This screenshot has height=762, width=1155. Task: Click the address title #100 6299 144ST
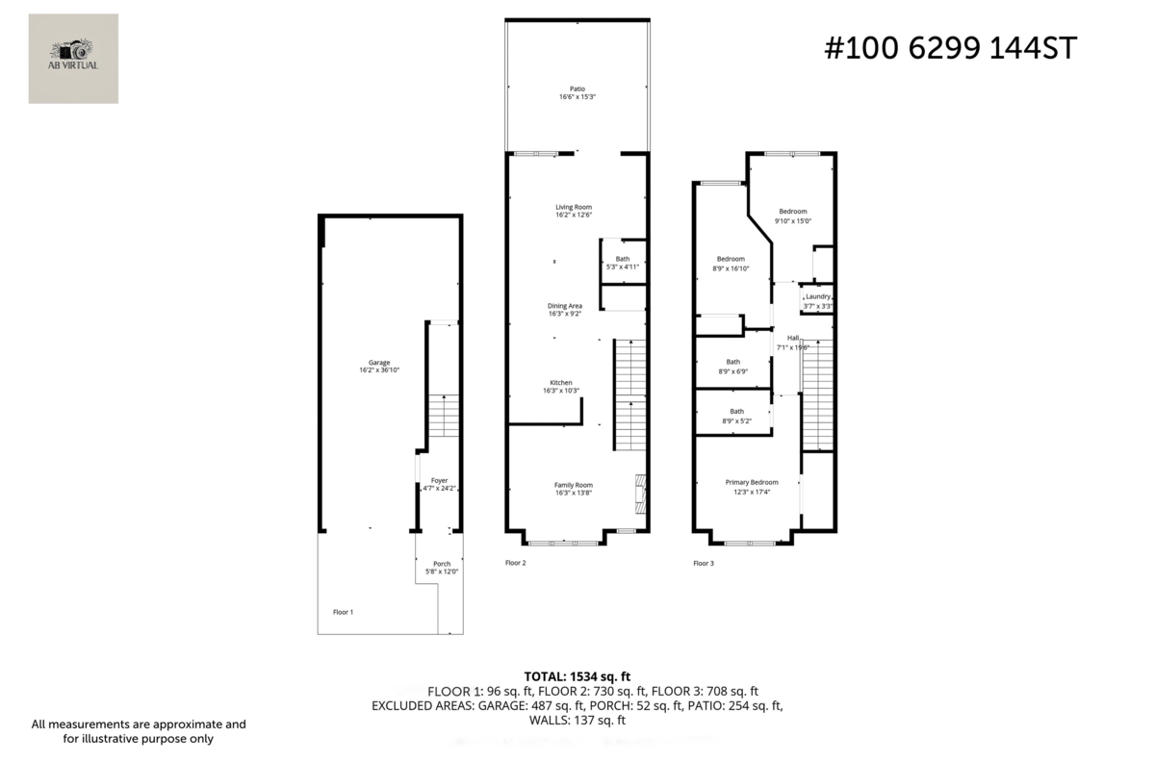click(950, 47)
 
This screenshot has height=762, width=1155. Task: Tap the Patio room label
click(577, 89)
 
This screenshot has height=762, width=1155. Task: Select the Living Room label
click(573, 207)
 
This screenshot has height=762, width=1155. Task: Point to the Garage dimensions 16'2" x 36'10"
click(379, 370)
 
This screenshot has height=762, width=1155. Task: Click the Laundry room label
click(818, 297)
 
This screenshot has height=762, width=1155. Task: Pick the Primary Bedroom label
click(752, 482)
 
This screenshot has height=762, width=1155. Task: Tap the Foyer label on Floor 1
click(439, 480)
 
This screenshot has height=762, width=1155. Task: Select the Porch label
click(442, 564)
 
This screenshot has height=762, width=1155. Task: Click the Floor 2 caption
click(516, 563)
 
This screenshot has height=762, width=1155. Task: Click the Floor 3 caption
click(705, 563)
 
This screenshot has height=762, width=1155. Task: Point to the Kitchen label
click(561, 382)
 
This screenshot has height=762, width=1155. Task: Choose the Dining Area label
click(564, 306)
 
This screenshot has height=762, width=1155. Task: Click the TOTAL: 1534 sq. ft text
click(577, 676)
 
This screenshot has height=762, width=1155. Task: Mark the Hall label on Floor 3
click(793, 338)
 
